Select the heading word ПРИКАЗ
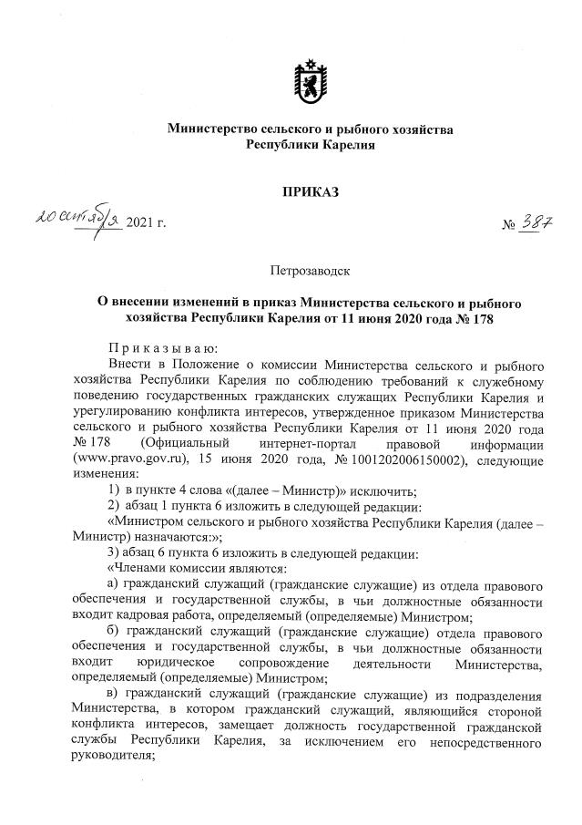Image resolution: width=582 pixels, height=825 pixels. (x=311, y=192)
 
